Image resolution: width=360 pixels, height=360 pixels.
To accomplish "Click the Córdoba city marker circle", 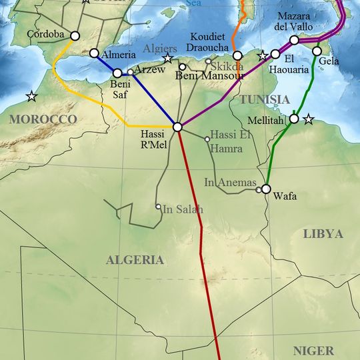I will (x=75, y=36).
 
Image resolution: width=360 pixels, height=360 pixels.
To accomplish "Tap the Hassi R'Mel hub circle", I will (x=177, y=127).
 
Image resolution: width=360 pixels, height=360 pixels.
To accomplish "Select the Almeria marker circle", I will (x=94, y=53).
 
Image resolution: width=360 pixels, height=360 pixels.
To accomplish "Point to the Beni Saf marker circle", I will (x=118, y=73).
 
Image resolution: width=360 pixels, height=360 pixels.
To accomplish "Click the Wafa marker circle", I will (x=266, y=189).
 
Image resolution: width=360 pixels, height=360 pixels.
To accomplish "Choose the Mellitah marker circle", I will (x=294, y=119).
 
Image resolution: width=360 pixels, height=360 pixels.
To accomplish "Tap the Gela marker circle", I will (x=317, y=51).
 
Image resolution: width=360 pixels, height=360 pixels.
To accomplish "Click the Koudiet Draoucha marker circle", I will (x=237, y=56).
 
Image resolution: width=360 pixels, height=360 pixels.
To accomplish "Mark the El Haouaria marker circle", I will (x=275, y=54).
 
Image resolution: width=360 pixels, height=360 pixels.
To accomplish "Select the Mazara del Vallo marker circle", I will (x=294, y=40).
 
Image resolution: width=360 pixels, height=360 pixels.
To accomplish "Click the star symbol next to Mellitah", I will (x=308, y=119).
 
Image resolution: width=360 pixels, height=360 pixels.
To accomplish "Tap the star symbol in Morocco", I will (x=31, y=97).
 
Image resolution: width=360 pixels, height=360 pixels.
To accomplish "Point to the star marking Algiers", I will (x=168, y=59).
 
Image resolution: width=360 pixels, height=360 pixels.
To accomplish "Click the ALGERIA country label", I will (x=135, y=260).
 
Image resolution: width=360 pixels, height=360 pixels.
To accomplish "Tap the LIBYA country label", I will (x=323, y=234).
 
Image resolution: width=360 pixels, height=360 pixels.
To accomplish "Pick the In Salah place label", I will (x=183, y=209).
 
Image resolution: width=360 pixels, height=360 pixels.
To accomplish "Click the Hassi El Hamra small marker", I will (x=207, y=139).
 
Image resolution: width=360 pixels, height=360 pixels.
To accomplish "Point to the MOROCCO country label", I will (x=44, y=119).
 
